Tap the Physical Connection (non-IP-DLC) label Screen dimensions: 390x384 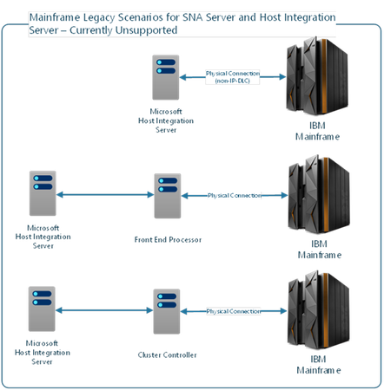click(x=232, y=76)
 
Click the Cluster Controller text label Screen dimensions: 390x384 click(x=169, y=353)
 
